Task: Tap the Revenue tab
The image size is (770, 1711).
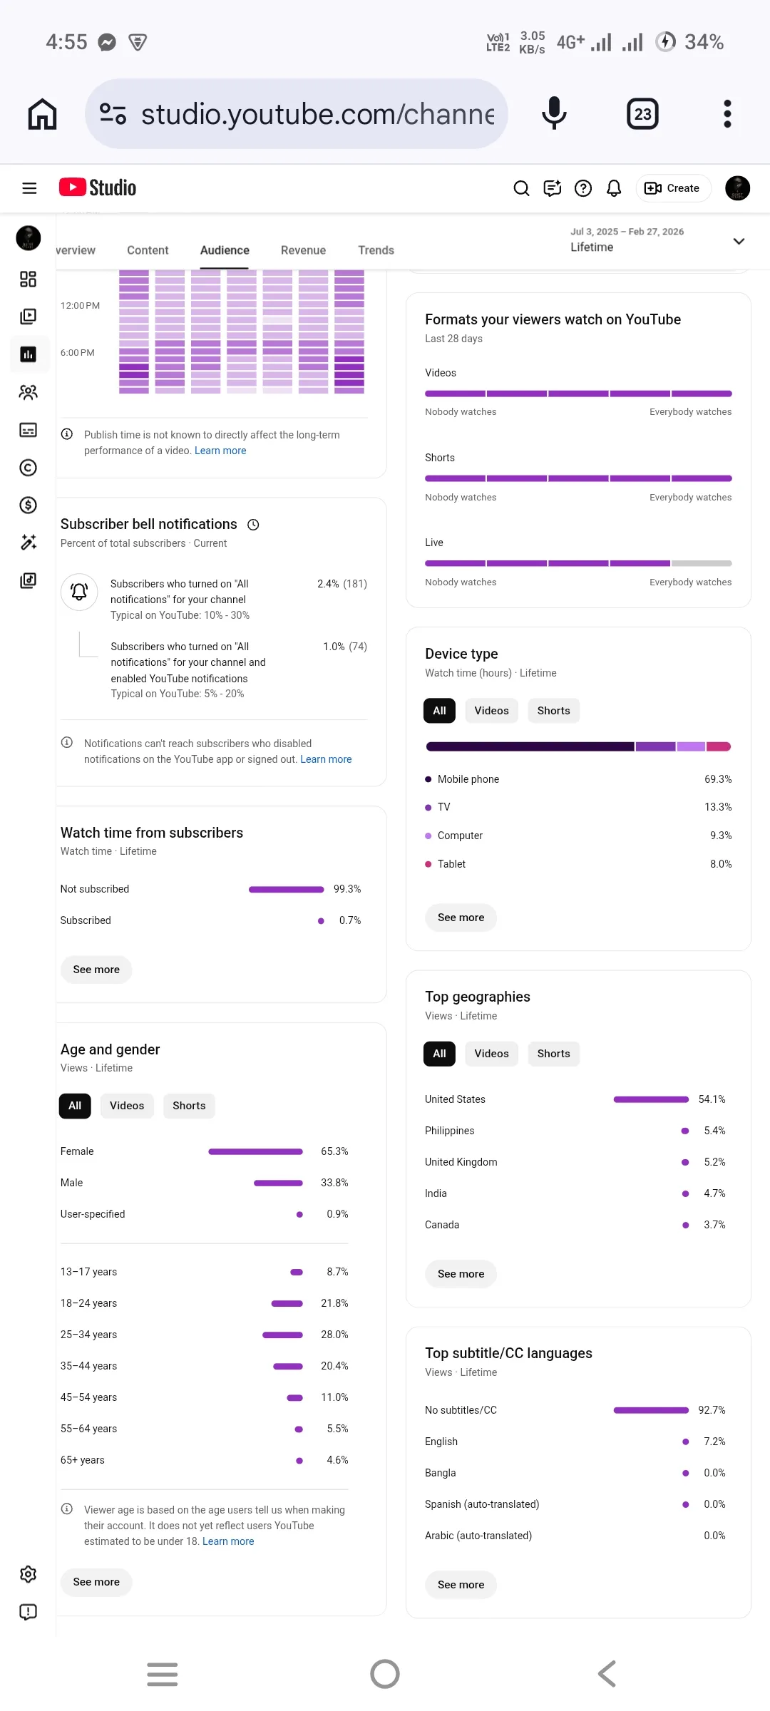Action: click(x=303, y=250)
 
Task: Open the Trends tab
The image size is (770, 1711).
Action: click(x=376, y=250)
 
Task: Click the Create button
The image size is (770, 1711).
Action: click(x=673, y=188)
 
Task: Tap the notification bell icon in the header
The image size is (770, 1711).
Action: click(x=614, y=188)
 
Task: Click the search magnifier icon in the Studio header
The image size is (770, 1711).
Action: click(x=521, y=188)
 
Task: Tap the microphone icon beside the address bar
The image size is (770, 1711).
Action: click(x=554, y=113)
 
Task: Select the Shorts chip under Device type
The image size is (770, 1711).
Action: click(x=553, y=711)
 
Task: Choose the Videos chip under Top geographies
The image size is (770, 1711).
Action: click(x=491, y=1054)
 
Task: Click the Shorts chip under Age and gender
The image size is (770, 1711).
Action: click(x=189, y=1106)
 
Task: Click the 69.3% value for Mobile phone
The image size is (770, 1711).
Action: click(x=718, y=779)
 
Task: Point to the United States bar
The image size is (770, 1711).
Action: click(x=651, y=1099)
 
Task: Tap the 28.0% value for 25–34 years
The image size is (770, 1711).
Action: click(x=334, y=1335)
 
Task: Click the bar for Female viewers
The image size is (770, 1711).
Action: click(x=255, y=1151)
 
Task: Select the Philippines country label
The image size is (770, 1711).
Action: click(x=449, y=1131)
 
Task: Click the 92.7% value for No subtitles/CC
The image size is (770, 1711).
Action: click(x=712, y=1410)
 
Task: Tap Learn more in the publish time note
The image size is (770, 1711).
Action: click(x=220, y=451)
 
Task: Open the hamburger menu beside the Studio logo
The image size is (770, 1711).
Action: click(x=29, y=188)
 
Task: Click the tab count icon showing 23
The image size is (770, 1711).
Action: click(x=642, y=114)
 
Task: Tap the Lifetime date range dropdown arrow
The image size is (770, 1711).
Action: click(x=739, y=241)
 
